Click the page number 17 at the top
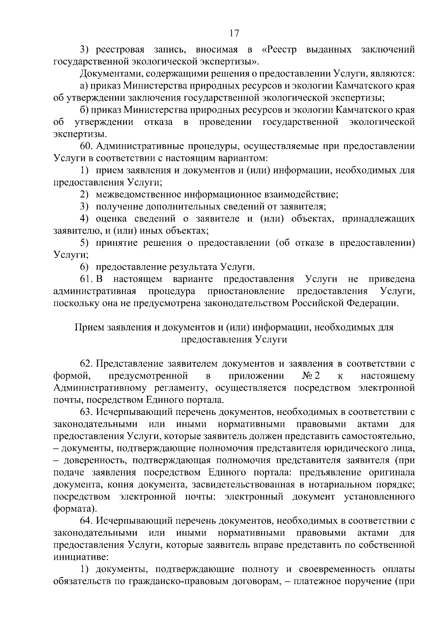point(234,33)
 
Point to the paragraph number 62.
point(86,363)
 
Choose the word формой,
point(72,376)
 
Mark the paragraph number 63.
point(86,412)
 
